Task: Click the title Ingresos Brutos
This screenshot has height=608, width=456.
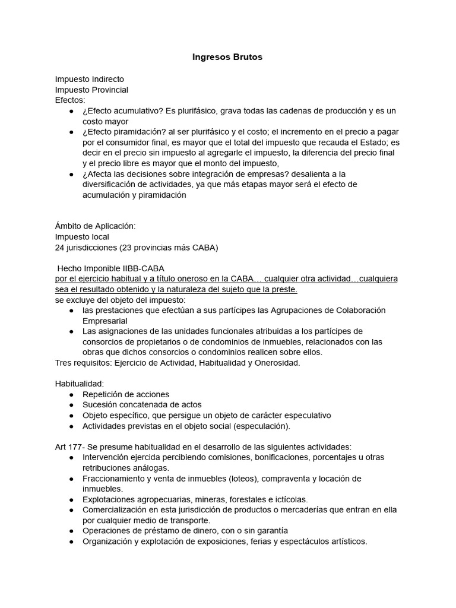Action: pos(227,58)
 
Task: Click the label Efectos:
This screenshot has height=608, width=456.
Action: pos(70,100)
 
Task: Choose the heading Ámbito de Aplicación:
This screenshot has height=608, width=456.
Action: pos(96,226)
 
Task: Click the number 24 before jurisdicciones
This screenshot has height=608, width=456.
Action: pos(60,248)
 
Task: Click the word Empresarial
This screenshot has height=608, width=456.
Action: pos(105,321)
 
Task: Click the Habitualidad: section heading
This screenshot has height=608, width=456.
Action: pos(79,384)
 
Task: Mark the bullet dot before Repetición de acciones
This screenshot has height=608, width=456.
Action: pos(72,395)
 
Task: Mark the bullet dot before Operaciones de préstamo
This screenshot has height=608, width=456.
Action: pos(72,531)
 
